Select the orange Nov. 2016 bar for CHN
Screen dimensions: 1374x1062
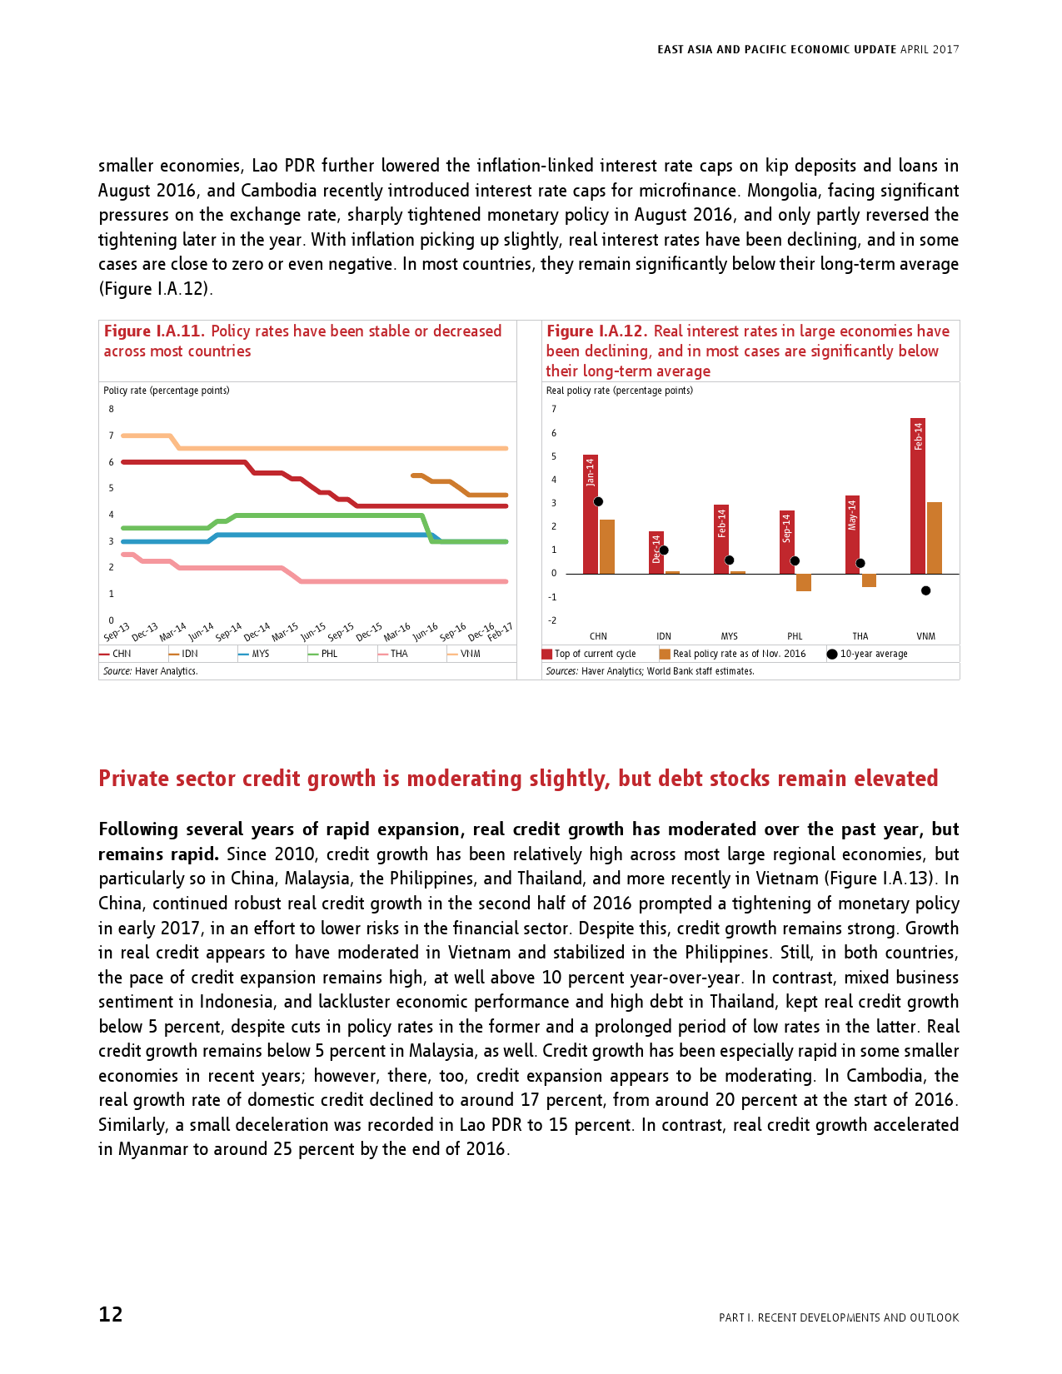[607, 546]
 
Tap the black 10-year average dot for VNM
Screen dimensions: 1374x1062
[925, 590]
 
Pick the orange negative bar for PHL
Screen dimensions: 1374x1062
[803, 582]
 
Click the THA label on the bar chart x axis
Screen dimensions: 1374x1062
[860, 636]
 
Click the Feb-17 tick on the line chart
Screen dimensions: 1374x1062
[501, 632]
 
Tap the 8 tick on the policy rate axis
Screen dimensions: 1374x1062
[111, 409]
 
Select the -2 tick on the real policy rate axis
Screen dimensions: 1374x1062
[552, 620]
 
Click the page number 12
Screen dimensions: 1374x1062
[111, 1314]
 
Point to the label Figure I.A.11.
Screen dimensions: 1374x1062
[154, 331]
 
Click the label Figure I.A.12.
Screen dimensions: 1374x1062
[596, 331]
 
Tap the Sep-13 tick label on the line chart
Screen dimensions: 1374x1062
[117, 632]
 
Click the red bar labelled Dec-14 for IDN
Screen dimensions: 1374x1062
[656, 552]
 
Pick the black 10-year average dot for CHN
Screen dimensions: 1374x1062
[598, 501]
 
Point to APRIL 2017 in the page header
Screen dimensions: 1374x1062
[930, 50]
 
